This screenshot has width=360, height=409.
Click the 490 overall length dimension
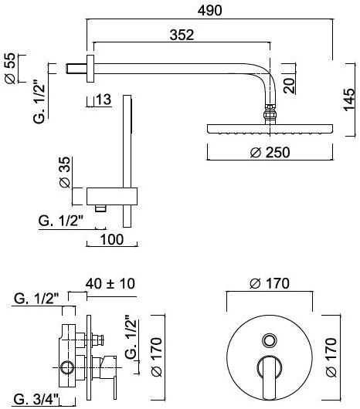click(209, 10)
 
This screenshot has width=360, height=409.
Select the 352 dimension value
click(180, 35)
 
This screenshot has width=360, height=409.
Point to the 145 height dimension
click(348, 98)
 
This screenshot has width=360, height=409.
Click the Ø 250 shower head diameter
click(270, 152)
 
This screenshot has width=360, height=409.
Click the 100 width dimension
click(112, 240)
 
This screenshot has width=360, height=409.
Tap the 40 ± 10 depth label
click(111, 284)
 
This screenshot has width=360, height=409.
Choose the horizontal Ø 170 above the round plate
click(270, 284)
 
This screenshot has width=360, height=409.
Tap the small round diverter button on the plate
click(270, 340)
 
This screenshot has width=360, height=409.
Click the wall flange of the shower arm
click(92, 67)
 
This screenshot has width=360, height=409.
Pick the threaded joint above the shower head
click(270, 117)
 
